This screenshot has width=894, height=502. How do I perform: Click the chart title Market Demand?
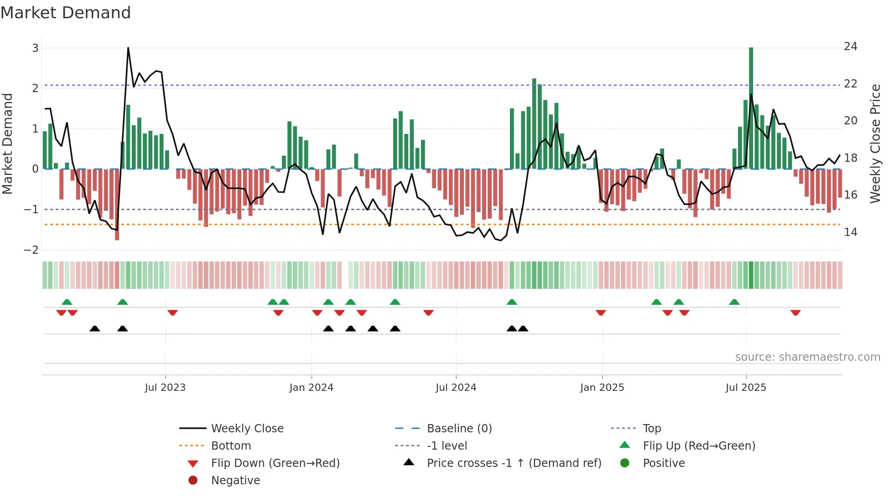pyautogui.click(x=66, y=13)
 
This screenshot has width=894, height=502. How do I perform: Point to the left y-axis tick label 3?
pyautogui.click(x=35, y=48)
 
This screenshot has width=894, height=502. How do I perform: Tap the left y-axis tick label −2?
pyautogui.click(x=31, y=250)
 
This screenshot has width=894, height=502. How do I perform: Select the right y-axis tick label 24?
pyautogui.click(x=850, y=46)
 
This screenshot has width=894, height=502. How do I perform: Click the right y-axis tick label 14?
pyautogui.click(x=850, y=232)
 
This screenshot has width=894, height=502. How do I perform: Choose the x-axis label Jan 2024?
pyautogui.click(x=311, y=388)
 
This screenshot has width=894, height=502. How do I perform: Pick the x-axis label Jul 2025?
pyautogui.click(x=746, y=388)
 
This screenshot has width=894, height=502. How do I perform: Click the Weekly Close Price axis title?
pyautogui.click(x=875, y=143)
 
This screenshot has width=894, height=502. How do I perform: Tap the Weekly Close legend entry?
pyautogui.click(x=247, y=429)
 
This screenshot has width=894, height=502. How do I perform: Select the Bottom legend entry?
pyautogui.click(x=231, y=446)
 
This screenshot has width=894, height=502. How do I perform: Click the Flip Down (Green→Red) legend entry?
pyautogui.click(x=275, y=463)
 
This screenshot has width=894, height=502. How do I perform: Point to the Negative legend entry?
pyautogui.click(x=235, y=481)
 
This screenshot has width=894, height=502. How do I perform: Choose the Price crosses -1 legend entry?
pyautogui.click(x=514, y=463)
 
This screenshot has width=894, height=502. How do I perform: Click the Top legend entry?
pyautogui.click(x=651, y=429)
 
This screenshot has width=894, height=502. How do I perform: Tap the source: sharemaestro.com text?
pyautogui.click(x=807, y=357)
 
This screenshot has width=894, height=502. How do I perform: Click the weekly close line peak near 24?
pyautogui.click(x=128, y=48)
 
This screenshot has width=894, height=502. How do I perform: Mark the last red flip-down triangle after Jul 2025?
pyautogui.click(x=795, y=312)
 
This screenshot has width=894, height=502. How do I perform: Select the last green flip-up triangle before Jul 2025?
pyautogui.click(x=734, y=302)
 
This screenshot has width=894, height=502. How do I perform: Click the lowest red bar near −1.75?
pyautogui.click(x=117, y=205)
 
